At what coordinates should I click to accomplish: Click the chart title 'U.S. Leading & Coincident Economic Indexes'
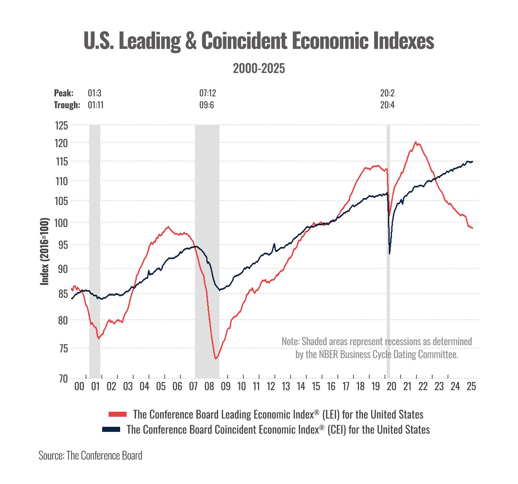coord(259,41)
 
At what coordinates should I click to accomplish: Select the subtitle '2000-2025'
coord(259,68)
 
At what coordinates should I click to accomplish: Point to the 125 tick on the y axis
coord(61,126)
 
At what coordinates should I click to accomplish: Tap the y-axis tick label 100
coord(61,223)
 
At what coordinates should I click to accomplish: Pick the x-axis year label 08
coord(209,387)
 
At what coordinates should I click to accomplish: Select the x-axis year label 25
coord(471,387)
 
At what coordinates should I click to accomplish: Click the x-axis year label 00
coord(79,387)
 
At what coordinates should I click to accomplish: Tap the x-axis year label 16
coord(331,387)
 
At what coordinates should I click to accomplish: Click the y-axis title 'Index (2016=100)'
coord(44,251)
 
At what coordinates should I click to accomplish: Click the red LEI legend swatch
coord(118,414)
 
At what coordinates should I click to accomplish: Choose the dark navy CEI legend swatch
coord(111,429)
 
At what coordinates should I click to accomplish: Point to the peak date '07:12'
coord(208,93)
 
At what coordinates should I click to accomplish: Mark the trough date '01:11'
coord(96,105)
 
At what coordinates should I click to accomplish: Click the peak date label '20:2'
coord(387,93)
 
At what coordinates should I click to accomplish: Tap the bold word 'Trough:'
coord(67,105)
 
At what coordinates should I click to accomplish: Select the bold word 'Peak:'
coord(64,93)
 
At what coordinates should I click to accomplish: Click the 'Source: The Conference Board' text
coord(90,456)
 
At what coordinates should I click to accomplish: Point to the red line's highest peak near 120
coord(416,142)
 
